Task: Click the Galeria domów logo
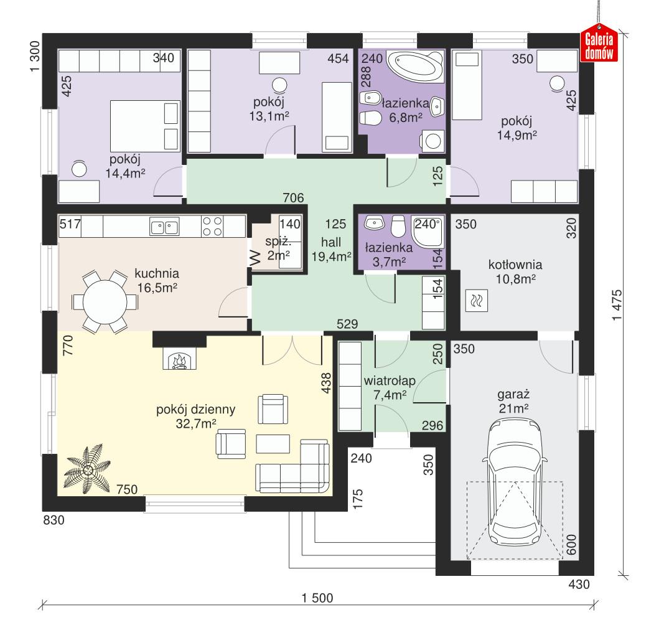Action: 599,45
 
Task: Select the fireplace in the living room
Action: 179,360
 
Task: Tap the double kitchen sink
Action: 164,227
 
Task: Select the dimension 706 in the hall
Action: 293,199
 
